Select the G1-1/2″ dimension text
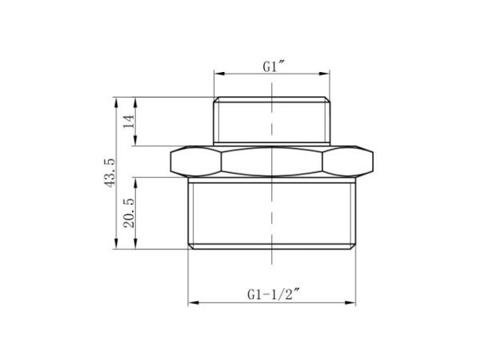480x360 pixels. pyautogui.click(x=274, y=295)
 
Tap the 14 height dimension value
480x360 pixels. pyautogui.click(x=127, y=122)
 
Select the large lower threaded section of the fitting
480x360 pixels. pyautogui.click(x=272, y=212)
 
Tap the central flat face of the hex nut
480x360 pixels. pyautogui.click(x=272, y=162)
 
